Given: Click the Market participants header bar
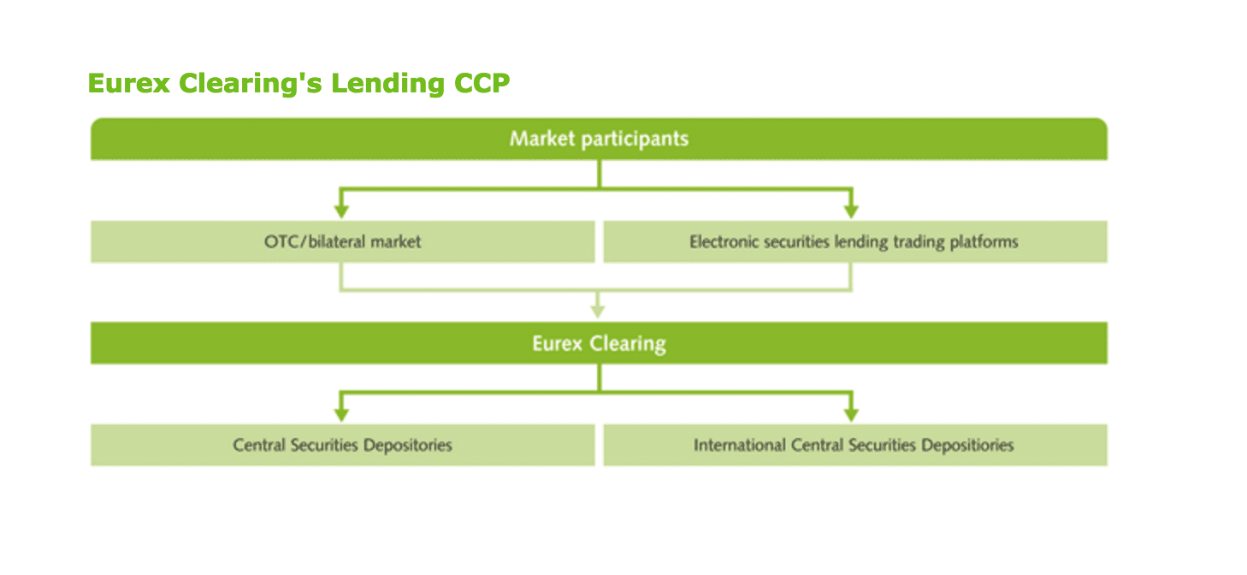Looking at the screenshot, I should pos(599,139).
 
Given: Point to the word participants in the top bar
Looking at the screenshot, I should pos(635,139).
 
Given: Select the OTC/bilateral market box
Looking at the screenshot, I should pos(342,242).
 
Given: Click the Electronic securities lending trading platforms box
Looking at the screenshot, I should pos(854,242).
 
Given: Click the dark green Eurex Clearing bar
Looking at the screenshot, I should pos(599,343).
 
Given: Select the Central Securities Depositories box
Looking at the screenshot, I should pos(342,445).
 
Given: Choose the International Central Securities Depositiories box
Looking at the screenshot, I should pos(854,445).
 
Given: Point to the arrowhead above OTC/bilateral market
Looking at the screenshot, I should pos(341,210).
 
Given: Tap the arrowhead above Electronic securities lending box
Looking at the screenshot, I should pos(850,210).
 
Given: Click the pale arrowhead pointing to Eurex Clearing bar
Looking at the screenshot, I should pos(598,311).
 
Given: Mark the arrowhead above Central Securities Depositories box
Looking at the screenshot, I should pos(341,414).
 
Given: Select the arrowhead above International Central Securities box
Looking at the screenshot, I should pos(850,414).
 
